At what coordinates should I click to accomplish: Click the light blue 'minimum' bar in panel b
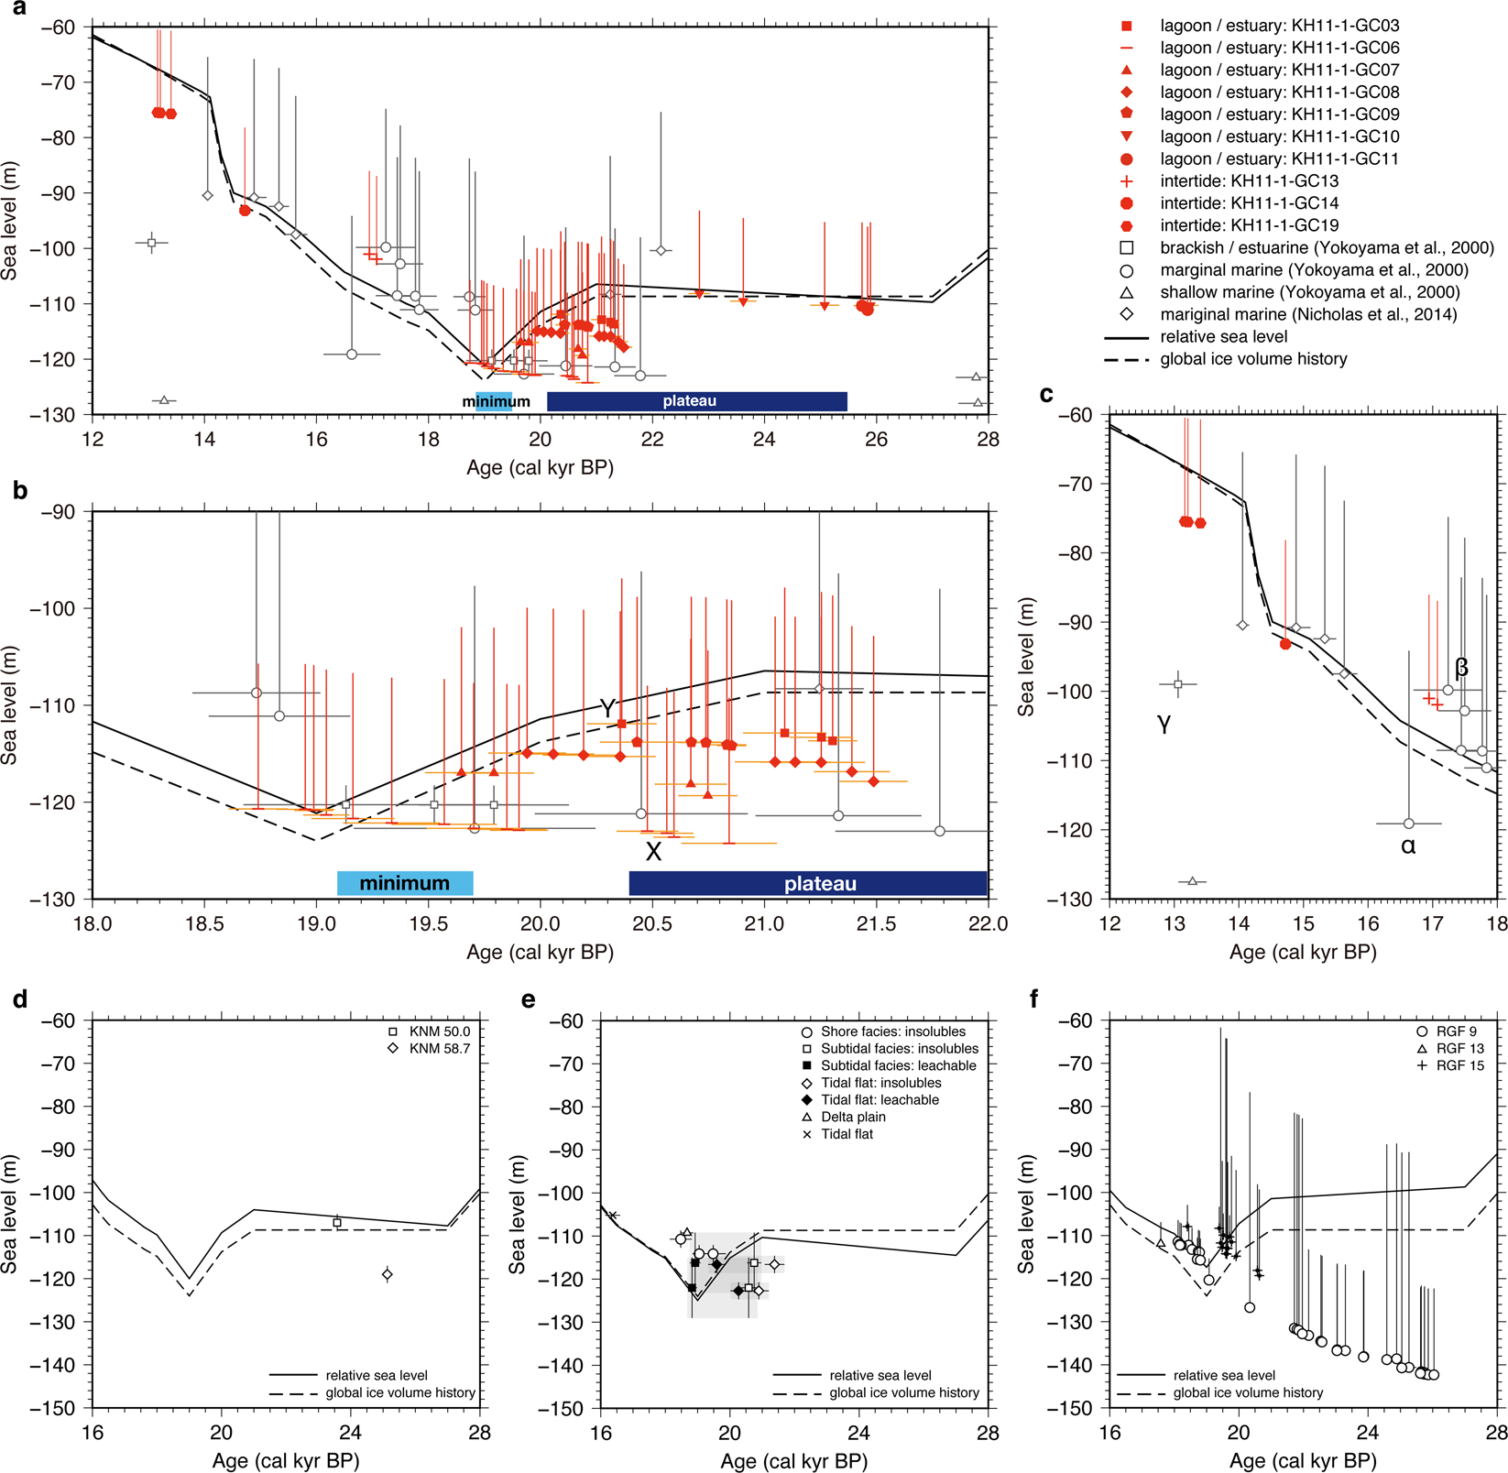click(x=405, y=883)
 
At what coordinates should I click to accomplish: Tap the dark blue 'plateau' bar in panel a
click(x=696, y=401)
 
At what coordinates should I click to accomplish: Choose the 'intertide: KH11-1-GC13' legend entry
click(x=1249, y=181)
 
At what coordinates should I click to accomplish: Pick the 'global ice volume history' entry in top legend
click(x=1253, y=359)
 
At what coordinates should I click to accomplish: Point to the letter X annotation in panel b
click(x=653, y=852)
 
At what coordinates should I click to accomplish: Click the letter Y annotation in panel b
click(x=606, y=708)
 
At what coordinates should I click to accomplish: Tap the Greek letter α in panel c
click(x=1408, y=846)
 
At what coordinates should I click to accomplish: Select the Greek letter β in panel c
click(x=1461, y=668)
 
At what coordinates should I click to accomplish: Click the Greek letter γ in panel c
click(x=1164, y=724)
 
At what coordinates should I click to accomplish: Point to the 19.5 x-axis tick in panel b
click(x=428, y=923)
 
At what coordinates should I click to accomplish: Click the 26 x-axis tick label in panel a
click(x=876, y=440)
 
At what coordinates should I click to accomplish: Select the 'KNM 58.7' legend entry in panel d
click(x=439, y=1048)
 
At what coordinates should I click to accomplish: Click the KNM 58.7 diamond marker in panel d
click(x=388, y=1274)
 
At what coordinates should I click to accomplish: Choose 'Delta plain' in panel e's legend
click(x=853, y=1117)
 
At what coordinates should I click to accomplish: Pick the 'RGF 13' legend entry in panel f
click(x=1460, y=1048)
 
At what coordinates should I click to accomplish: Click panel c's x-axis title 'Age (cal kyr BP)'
click(x=1303, y=952)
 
